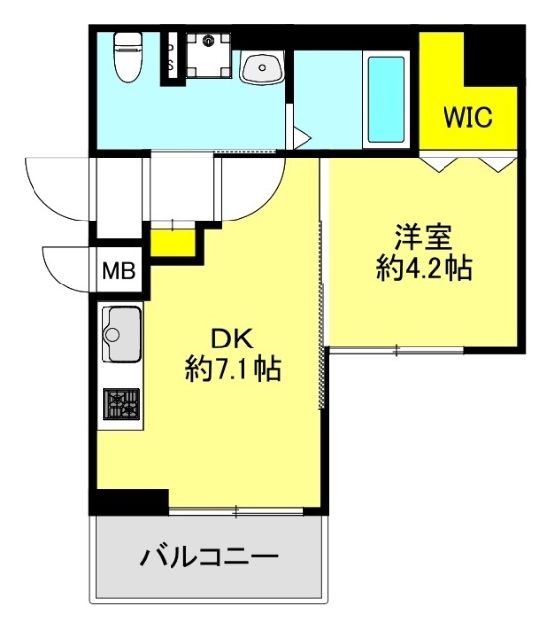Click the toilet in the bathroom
[128, 56]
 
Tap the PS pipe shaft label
[171, 56]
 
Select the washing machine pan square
[208, 55]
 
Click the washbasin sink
[262, 68]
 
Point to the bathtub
[385, 99]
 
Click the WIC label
[467, 117]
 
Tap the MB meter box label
[118, 271]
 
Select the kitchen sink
[121, 335]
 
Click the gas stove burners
[121, 404]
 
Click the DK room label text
[233, 339]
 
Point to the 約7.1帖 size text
[233, 369]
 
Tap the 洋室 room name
[424, 237]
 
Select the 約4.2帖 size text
[425, 268]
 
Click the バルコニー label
[209, 557]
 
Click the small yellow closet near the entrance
[172, 242]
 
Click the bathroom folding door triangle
[302, 138]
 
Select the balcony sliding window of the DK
[236, 511]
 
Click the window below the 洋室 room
[397, 350]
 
